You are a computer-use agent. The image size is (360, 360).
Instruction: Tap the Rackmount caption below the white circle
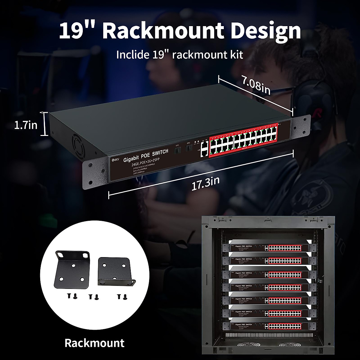(94, 343)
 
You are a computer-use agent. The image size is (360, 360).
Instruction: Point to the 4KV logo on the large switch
(115, 160)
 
